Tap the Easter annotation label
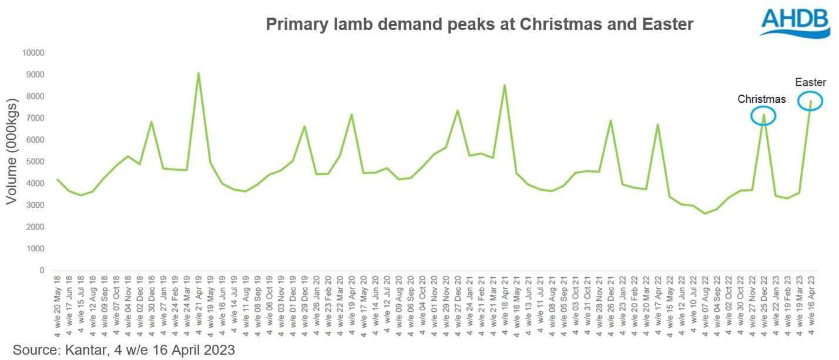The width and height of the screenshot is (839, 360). point(810,82)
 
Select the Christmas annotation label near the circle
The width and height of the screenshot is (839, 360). point(761,99)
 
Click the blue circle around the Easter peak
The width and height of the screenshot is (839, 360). point(810,101)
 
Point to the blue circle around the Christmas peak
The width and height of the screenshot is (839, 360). point(763,116)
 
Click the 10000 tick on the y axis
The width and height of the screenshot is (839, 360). point(33,53)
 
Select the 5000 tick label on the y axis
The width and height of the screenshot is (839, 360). point(35,162)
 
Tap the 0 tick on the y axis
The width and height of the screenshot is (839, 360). point(42,271)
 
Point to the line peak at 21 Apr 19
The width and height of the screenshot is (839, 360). point(199,73)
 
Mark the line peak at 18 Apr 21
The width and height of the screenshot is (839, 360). point(505,85)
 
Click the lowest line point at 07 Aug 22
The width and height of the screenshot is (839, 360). point(705,213)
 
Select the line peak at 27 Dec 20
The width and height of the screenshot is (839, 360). point(457,110)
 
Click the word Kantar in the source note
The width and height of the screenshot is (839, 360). point(79,350)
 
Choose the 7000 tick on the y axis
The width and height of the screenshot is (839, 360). point(35,118)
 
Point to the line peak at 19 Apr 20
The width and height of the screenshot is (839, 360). point(351,115)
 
